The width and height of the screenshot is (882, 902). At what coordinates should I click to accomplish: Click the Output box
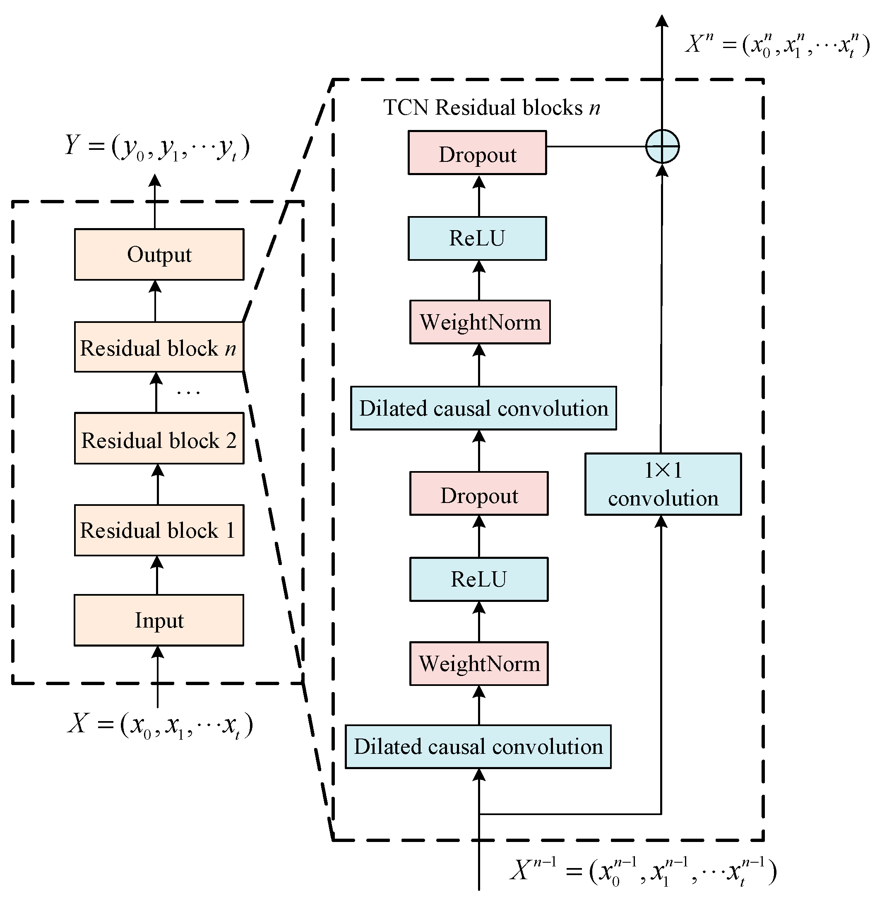tap(159, 254)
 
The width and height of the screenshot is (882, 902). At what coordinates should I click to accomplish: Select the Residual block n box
tap(159, 347)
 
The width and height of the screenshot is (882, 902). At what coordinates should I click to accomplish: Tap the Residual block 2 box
tap(159, 438)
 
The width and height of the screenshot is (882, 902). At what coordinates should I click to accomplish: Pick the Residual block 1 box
tap(159, 530)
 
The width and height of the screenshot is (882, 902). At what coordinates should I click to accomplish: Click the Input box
tap(159, 620)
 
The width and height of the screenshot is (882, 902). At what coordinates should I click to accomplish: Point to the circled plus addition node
tap(662, 147)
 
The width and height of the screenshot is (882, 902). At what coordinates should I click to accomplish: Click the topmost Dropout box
tap(477, 153)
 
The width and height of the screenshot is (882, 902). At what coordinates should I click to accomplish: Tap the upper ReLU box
tap(477, 238)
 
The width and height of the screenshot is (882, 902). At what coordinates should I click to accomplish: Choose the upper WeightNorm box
tap(480, 322)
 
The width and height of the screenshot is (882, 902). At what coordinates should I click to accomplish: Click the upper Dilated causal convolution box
tap(483, 408)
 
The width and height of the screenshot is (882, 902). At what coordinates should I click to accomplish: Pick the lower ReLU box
tap(479, 579)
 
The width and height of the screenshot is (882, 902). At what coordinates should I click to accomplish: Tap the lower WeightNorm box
tap(479, 664)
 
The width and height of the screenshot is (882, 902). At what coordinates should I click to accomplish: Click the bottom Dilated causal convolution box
tap(478, 747)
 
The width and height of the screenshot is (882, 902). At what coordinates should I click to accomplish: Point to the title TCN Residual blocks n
tap(491, 108)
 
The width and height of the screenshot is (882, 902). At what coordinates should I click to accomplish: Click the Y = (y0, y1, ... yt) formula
tap(158, 147)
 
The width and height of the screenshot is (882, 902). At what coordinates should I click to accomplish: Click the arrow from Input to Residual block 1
tap(158, 575)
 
